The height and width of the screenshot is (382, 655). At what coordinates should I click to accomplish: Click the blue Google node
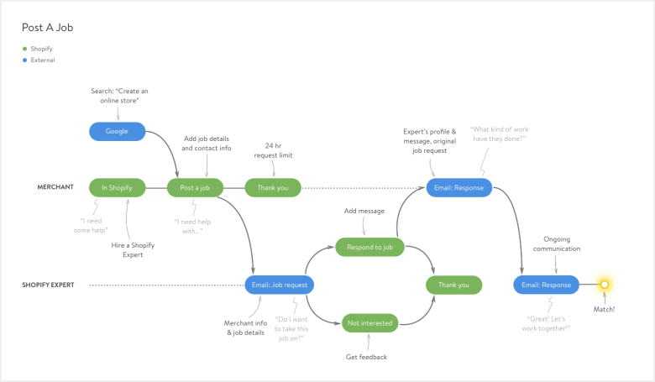tap(117, 131)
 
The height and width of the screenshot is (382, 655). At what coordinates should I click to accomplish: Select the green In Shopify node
tap(117, 187)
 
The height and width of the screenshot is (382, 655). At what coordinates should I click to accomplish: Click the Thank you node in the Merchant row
tap(272, 187)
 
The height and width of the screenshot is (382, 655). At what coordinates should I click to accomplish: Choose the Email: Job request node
tap(280, 285)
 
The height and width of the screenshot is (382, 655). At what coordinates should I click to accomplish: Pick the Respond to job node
tap(369, 247)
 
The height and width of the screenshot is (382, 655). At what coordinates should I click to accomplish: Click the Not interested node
tap(369, 322)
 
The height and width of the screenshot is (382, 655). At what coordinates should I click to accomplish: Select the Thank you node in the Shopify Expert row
tap(454, 285)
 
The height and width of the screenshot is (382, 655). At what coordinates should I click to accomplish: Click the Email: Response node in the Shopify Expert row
tap(546, 285)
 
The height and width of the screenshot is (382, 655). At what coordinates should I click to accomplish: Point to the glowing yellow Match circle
tap(604, 285)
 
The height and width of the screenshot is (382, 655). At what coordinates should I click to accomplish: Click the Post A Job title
tap(48, 28)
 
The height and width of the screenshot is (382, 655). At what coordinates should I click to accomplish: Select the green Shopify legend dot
tap(24, 49)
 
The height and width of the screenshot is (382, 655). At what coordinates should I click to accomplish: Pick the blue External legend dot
tap(24, 60)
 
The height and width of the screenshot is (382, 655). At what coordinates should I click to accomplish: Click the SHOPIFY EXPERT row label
tap(48, 285)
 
